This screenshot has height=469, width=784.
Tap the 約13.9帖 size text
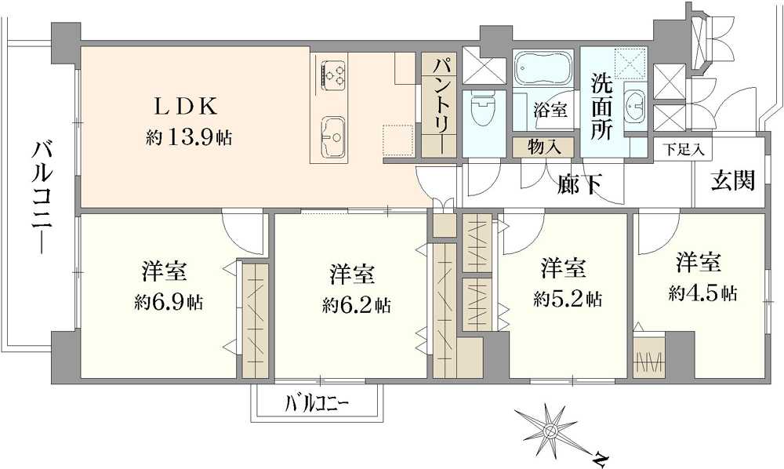(188, 138)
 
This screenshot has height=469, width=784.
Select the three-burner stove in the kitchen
(334, 75)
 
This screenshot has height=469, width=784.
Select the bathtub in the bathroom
(544, 71)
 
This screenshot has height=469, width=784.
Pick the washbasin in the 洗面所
(635, 102)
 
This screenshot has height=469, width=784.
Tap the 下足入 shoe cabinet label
(685, 148)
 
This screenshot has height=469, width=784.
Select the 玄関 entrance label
(733, 181)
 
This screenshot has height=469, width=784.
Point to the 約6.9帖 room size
(167, 302)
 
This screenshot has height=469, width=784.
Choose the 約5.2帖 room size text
(567, 299)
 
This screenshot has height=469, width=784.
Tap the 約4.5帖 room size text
(702, 293)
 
